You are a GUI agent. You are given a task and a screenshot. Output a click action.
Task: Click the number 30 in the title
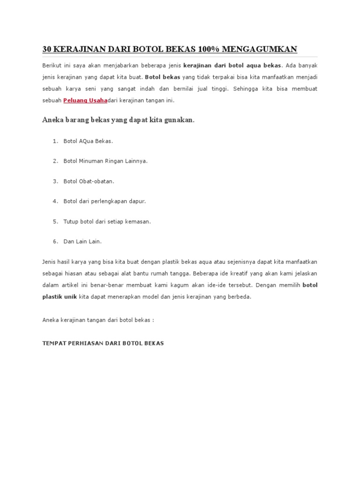click(x=46, y=49)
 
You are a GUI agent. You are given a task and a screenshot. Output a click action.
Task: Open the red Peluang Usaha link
click(x=85, y=100)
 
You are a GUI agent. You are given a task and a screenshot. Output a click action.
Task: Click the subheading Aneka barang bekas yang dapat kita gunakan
click(x=118, y=120)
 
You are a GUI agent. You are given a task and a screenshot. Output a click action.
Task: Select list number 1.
click(x=55, y=141)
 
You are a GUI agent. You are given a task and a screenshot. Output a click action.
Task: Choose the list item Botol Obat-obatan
click(x=89, y=181)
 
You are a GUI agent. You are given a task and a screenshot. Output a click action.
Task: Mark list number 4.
click(x=55, y=201)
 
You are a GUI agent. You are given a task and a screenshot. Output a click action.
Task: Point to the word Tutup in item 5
click(x=70, y=221)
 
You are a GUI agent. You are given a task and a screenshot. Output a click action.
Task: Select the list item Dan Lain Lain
click(x=82, y=241)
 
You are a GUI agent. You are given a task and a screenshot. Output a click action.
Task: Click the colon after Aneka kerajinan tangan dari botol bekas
click(x=153, y=320)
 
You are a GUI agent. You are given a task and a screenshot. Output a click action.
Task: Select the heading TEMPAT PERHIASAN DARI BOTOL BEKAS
click(x=103, y=344)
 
